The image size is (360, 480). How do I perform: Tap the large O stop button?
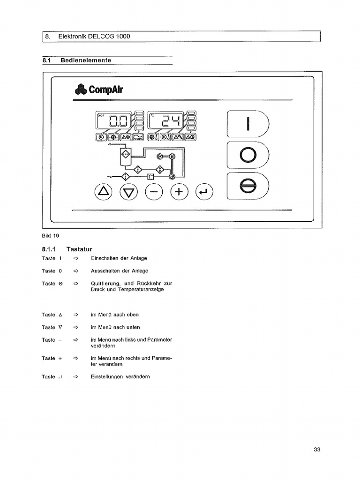pyautogui.click(x=248, y=155)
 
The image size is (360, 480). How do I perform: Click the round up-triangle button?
pyautogui.click(x=104, y=191)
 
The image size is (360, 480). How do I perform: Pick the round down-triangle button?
pyautogui.click(x=129, y=191)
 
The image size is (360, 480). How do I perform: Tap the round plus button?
pyautogui.click(x=179, y=191)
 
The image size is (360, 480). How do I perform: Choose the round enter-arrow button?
pyautogui.click(x=203, y=191)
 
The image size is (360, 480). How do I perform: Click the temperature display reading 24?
pyautogui.click(x=167, y=122)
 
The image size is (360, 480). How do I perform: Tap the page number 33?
pyautogui.click(x=317, y=450)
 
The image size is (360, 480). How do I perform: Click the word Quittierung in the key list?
pyautogui.click(x=106, y=284)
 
